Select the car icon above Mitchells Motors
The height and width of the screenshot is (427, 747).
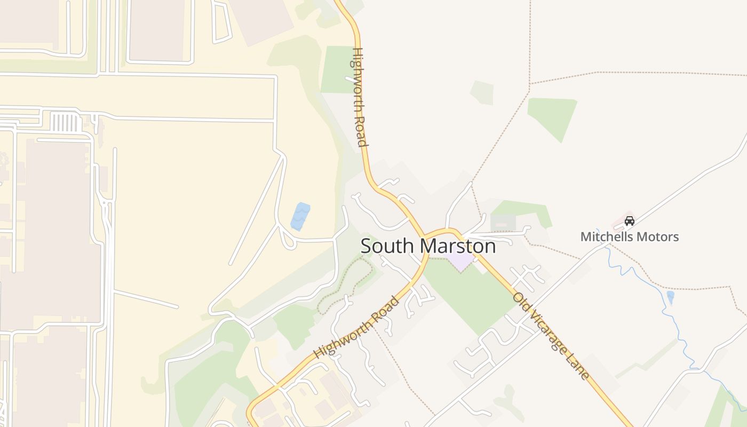(x=630, y=221)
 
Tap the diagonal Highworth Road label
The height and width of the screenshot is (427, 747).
(x=356, y=328)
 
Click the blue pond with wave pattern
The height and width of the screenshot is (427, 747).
(x=300, y=216)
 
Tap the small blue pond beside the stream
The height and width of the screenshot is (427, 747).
(x=670, y=296)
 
